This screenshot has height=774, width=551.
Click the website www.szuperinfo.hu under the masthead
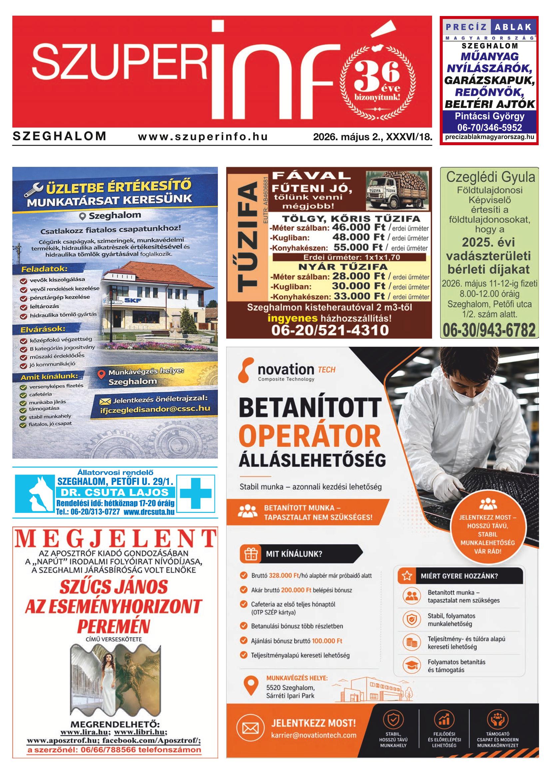[203, 137]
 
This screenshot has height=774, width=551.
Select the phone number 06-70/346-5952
[489, 128]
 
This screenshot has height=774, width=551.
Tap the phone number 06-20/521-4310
[329, 330]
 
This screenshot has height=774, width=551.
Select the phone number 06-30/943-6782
[489, 330]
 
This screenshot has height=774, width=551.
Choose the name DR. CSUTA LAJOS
[115, 493]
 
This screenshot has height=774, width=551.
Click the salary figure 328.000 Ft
[283, 576]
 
